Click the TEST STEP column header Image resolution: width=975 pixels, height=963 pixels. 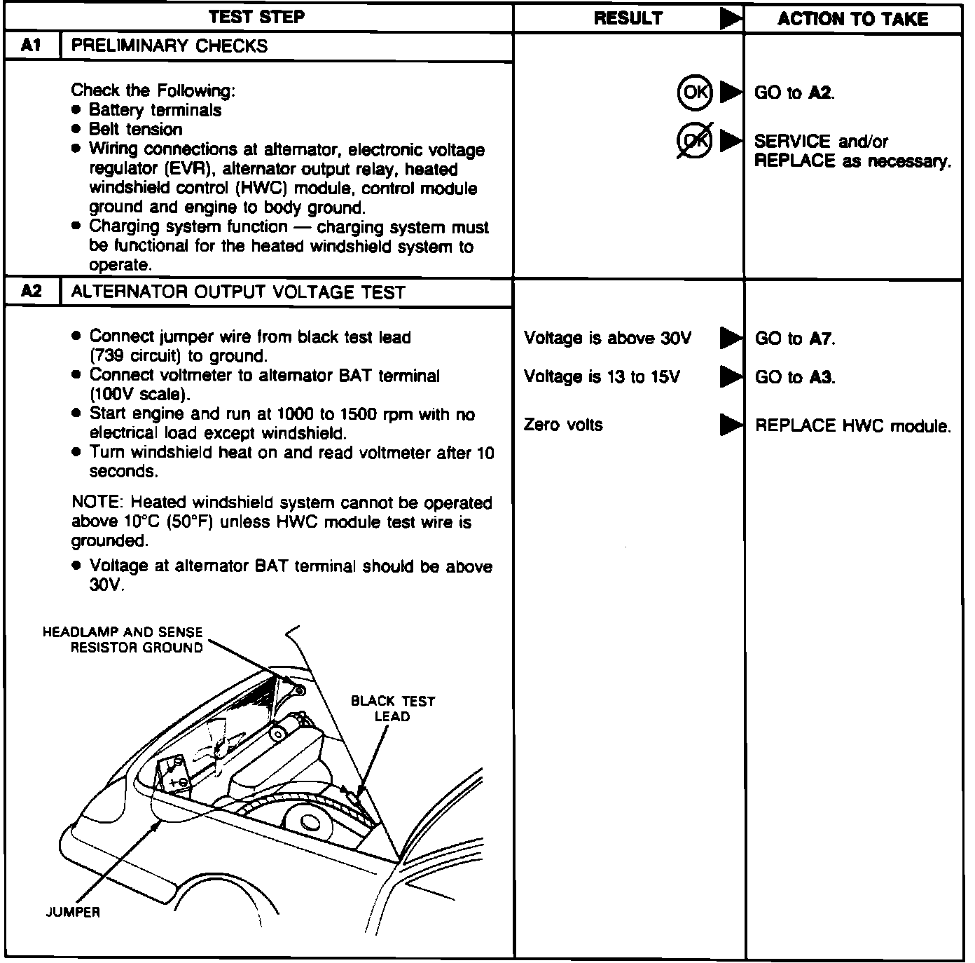pos(258,17)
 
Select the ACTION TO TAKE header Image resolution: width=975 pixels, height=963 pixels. pos(852,19)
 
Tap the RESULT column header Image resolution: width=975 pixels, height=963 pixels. pos(628,19)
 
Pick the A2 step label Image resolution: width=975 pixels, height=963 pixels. pos(32,292)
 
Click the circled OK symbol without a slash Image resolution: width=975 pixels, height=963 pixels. pos(694,93)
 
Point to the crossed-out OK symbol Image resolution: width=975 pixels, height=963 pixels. pos(694,141)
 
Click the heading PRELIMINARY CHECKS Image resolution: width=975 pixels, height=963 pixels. pos(170,46)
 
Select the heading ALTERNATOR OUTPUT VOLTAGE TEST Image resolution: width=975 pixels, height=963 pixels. pos(238,292)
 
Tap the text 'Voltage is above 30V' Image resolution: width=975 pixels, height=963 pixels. pos(607,339)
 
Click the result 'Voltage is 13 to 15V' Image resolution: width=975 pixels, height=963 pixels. pos(602,377)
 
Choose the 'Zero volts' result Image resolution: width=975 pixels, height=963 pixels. pos(563,425)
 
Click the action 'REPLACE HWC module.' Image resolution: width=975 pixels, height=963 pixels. pos(852,426)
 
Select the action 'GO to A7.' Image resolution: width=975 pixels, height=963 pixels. pos(795,339)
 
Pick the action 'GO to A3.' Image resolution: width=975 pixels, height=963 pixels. pos(795,378)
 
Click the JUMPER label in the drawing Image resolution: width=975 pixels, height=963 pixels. pos(73,912)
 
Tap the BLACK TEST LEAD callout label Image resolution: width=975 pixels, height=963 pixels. pos(392,709)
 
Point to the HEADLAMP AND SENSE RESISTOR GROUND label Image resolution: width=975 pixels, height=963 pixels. pos(123,640)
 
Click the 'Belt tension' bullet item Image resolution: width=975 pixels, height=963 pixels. pos(135,130)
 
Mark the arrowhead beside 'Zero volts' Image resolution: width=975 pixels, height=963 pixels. pos(731,425)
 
